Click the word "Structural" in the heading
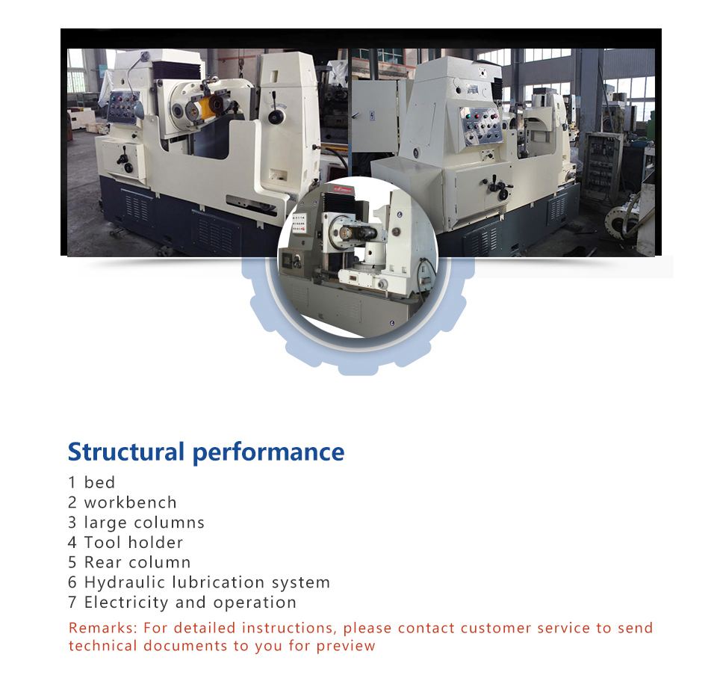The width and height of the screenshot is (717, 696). click(126, 452)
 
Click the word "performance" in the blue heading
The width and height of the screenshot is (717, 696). click(268, 453)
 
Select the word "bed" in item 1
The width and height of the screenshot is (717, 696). click(99, 482)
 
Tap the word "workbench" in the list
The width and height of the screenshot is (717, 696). click(130, 502)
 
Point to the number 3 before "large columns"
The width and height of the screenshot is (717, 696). click(72, 523)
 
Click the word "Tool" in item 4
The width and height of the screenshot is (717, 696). click(102, 542)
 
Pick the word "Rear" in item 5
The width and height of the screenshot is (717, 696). click(102, 562)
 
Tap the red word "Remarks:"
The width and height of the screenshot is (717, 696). click(103, 628)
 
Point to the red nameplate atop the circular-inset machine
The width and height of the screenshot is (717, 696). click(343, 188)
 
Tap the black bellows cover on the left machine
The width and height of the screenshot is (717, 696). click(176, 70)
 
